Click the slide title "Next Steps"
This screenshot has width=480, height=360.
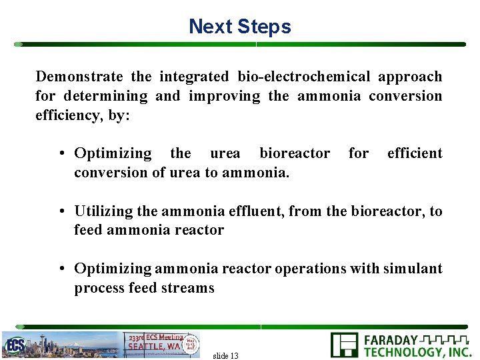(240, 27)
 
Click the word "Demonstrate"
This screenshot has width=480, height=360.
(79, 77)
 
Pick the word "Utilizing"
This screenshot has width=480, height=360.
(103, 211)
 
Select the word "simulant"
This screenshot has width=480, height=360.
(413, 269)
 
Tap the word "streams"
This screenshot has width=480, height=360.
(192, 288)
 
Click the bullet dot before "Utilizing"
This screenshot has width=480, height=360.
(61, 212)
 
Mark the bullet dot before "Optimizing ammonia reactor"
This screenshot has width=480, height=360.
(61, 269)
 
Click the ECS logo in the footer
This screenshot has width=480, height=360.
(15, 345)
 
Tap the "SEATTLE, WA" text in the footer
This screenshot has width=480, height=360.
(153, 346)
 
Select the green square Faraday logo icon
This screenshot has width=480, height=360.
(344, 345)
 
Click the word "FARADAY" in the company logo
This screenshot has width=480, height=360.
(391, 340)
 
